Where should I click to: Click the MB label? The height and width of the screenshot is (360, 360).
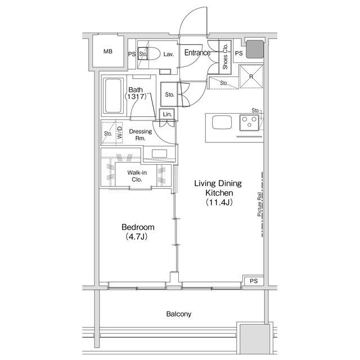[108, 51]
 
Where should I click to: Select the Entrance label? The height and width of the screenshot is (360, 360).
[197, 52]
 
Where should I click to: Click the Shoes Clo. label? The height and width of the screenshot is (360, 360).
[225, 56]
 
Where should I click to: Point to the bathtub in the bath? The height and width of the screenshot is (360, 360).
[112, 96]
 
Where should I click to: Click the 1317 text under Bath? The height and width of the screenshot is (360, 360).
[136, 96]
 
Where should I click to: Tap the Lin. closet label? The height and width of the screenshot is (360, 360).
[167, 114]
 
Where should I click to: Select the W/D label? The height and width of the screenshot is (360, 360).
[120, 133]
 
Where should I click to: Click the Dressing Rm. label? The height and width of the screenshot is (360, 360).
[140, 135]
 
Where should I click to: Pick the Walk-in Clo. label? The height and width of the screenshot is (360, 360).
[137, 176]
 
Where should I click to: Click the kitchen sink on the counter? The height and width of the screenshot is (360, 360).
[222, 122]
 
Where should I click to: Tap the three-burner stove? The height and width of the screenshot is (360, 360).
[249, 123]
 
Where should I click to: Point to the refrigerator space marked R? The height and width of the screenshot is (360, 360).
[251, 76]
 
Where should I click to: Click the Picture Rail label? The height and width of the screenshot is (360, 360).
[259, 204]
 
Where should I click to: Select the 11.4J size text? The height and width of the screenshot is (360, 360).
[219, 202]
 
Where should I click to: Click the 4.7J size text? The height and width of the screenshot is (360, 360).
[136, 236]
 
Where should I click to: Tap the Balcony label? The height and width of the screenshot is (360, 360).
[179, 314]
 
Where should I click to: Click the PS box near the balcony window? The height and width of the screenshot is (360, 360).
[254, 281]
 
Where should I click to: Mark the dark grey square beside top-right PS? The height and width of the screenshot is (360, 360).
[255, 49]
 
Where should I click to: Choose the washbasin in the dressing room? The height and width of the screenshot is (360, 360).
[159, 154]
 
